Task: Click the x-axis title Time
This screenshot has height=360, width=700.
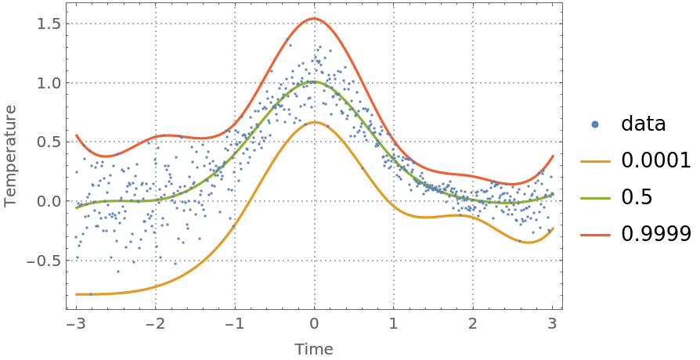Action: (313, 349)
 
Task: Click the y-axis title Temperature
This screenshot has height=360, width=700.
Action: (10, 156)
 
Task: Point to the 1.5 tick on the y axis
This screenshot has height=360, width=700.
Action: (49, 23)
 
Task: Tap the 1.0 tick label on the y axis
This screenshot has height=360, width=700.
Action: (49, 83)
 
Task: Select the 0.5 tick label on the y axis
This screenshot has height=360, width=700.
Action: (49, 142)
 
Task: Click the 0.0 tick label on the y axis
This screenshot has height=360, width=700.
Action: (49, 201)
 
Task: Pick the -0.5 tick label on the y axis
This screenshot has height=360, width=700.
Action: (45, 261)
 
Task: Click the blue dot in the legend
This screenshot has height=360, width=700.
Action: (595, 124)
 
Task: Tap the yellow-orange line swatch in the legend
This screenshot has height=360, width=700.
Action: (595, 162)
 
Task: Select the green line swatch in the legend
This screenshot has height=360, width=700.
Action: (595, 198)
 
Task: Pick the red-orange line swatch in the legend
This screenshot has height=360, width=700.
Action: (595, 235)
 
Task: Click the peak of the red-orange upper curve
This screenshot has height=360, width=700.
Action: (314, 18)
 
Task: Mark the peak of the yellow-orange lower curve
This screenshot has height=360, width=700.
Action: (314, 122)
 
